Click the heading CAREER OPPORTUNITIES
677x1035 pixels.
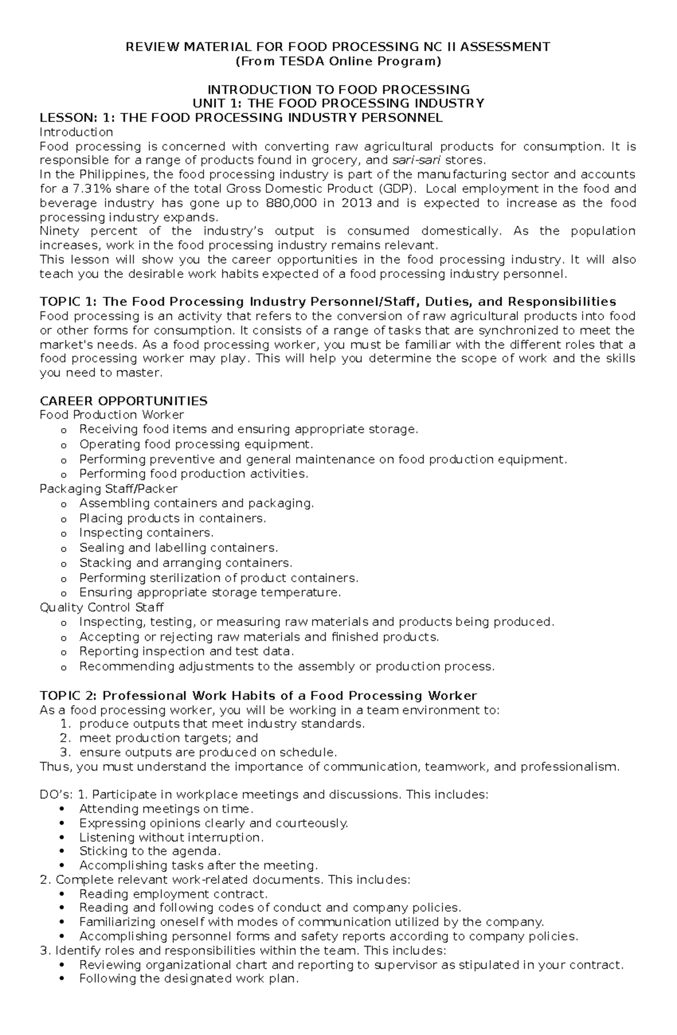(123, 401)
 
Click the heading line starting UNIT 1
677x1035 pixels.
(338, 103)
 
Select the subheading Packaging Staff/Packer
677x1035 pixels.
(108, 488)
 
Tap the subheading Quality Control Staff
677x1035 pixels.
(102, 607)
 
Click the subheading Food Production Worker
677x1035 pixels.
(112, 415)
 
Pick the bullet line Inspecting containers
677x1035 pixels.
(146, 532)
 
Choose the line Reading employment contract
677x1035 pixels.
(173, 894)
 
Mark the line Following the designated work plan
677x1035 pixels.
(188, 979)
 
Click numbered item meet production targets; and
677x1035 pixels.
(168, 738)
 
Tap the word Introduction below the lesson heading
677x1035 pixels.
(76, 132)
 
